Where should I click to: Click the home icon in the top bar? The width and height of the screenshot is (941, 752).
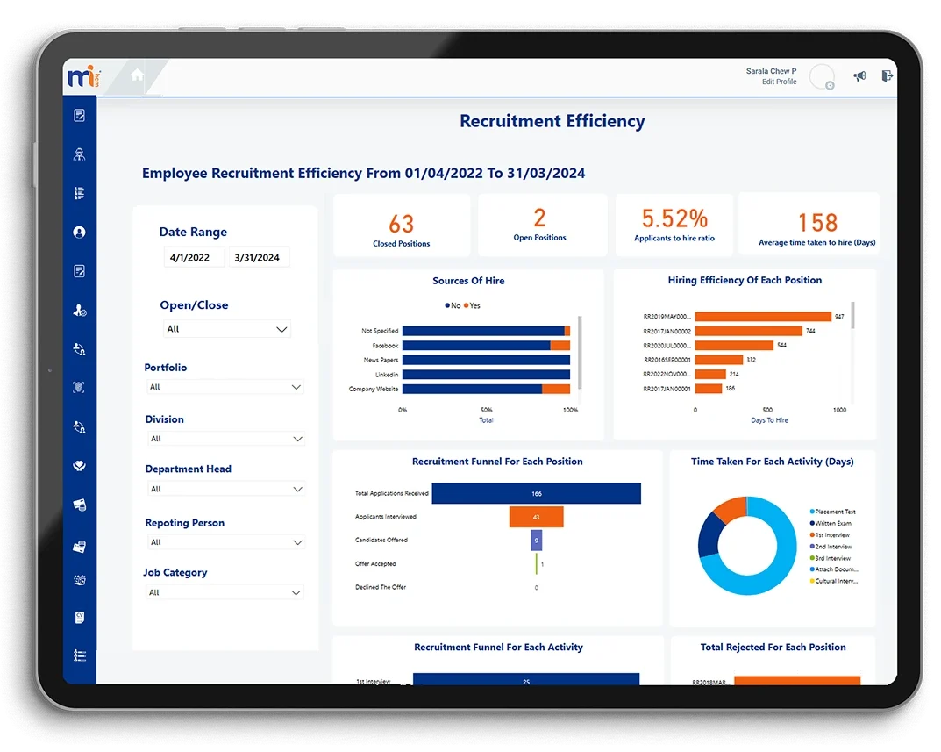click(137, 75)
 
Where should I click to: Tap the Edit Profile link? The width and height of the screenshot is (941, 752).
click(779, 82)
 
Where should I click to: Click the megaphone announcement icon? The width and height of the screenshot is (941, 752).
click(859, 76)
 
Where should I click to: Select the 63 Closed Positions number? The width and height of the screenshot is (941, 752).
click(402, 224)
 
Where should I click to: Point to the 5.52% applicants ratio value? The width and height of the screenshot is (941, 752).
click(674, 218)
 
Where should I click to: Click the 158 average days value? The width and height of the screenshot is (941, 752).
click(817, 223)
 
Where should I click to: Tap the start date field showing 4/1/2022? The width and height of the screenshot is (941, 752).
click(194, 258)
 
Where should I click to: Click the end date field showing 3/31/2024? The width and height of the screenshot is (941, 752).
click(259, 258)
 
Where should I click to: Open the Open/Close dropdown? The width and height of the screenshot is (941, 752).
click(227, 329)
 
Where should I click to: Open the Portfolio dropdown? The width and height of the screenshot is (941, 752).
click(225, 387)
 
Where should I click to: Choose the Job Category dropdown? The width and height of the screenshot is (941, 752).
click(225, 592)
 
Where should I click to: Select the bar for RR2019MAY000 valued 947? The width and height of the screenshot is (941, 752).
click(763, 317)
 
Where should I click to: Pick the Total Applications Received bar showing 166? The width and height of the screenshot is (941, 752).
click(536, 493)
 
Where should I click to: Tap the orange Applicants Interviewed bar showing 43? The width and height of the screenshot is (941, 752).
click(536, 517)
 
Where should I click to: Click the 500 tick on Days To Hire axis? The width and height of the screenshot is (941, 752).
click(767, 410)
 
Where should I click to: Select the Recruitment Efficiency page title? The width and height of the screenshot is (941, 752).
click(552, 122)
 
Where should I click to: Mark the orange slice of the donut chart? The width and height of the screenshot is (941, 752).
click(727, 508)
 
